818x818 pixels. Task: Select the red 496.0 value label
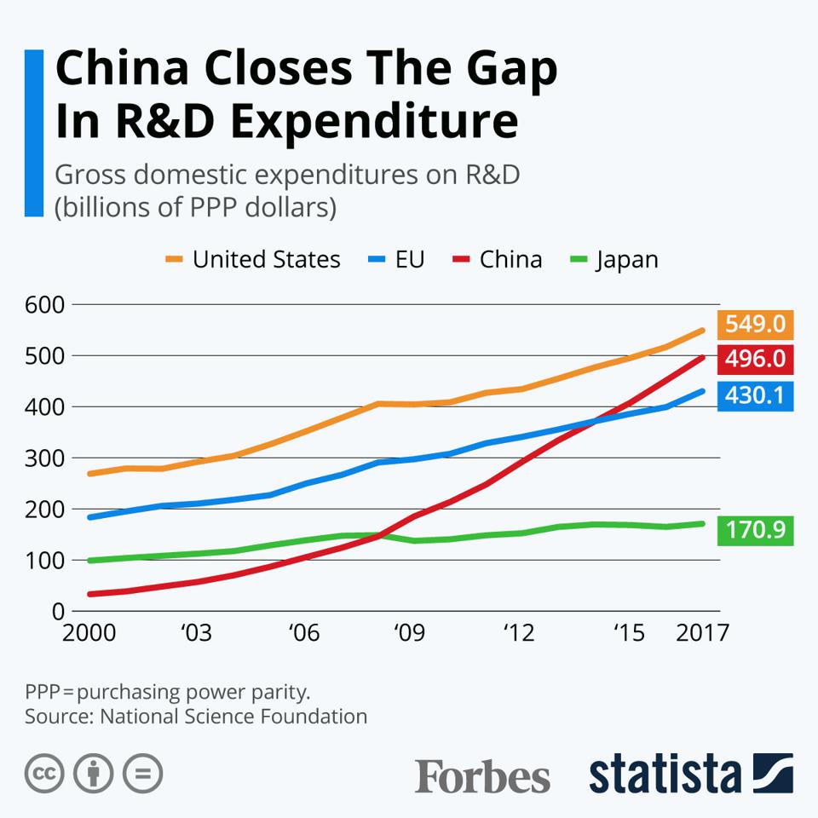[x=756, y=360]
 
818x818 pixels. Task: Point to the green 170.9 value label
[x=756, y=531]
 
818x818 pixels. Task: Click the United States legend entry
[x=252, y=259]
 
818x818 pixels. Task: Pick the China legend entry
[x=496, y=259]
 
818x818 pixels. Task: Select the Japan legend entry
[x=613, y=259]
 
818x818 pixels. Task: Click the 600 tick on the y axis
[x=46, y=304]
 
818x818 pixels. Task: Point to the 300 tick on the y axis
[x=46, y=458]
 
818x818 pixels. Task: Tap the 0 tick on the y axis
[x=58, y=611]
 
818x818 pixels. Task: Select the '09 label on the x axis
[x=409, y=633]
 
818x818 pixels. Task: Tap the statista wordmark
[x=665, y=773]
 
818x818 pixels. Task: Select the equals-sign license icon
[x=142, y=774]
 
